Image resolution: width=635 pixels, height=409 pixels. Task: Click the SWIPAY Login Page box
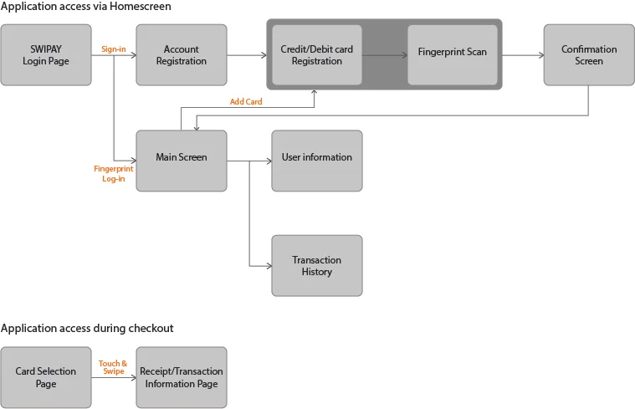click(46, 55)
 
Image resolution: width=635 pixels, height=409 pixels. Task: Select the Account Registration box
click(181, 55)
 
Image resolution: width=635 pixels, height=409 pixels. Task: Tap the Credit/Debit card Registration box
click(317, 55)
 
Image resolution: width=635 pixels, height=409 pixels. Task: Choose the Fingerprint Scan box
click(452, 52)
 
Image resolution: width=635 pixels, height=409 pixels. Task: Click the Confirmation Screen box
click(588, 55)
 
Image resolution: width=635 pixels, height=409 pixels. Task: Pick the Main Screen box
click(181, 157)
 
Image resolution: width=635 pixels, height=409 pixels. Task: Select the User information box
click(317, 157)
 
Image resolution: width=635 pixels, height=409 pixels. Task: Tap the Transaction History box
click(317, 265)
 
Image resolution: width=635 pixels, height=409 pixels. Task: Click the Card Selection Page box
click(46, 377)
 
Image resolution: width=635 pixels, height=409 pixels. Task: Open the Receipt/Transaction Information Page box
click(181, 377)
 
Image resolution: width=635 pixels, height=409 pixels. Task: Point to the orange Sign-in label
click(113, 49)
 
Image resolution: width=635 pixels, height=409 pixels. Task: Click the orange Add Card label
click(246, 102)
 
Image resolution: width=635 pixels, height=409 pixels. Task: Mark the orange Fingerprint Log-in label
click(113, 173)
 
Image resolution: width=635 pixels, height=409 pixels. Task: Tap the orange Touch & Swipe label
click(113, 367)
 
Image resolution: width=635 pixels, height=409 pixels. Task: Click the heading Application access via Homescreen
click(85, 7)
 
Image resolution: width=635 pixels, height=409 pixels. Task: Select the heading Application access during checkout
click(87, 328)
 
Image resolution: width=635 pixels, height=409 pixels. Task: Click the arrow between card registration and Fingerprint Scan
click(385, 55)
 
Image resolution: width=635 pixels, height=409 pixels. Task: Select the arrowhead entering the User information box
click(267, 161)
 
